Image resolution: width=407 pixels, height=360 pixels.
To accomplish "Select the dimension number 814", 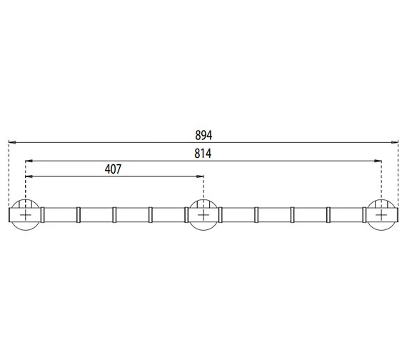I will (203, 152).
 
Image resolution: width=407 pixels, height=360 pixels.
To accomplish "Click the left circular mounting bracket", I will (25, 214).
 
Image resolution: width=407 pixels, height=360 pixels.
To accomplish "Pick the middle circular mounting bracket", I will (203, 214).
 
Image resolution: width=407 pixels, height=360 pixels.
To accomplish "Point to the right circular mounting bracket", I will (381, 214).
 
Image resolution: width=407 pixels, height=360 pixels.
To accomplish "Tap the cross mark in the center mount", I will (203, 214).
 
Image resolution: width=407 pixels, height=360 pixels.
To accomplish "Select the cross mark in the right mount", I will (381, 214).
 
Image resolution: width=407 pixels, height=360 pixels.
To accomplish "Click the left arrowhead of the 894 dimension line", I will (11, 142).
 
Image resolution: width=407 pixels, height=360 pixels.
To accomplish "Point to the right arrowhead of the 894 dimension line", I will (396, 142).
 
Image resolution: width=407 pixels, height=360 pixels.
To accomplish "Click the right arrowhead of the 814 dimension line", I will (378, 160).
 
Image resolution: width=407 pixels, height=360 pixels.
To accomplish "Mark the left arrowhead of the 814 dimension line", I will (28, 160).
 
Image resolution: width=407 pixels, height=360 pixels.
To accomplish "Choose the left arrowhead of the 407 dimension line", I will (28, 177).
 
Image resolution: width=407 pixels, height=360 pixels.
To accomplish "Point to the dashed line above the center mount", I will (203, 189).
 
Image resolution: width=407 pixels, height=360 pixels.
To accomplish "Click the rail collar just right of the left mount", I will (44, 214).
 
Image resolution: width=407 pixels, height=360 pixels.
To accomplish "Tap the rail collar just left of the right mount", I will (363, 214).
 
